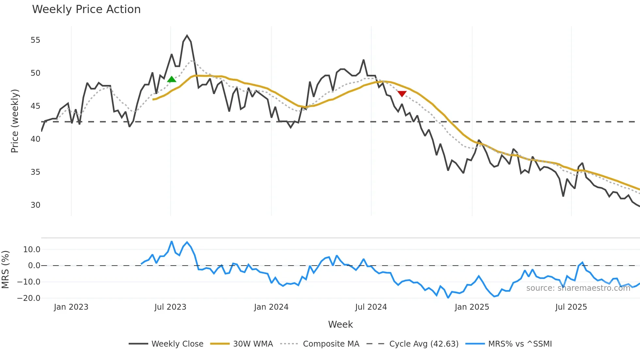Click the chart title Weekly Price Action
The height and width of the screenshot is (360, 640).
pos(86,9)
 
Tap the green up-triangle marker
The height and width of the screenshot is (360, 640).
pos(171,79)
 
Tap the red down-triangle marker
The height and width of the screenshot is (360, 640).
pos(402,94)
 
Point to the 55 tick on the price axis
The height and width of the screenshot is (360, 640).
pos(35,40)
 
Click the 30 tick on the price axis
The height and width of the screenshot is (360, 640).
pos(35,205)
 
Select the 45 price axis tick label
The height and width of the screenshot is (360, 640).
pos(35,106)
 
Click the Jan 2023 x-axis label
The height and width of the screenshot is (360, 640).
pos(71,307)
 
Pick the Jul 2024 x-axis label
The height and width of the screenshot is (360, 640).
pos(371,307)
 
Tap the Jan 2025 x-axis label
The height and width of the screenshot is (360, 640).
pos(472,307)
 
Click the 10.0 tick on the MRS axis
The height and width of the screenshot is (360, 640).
pos(32,250)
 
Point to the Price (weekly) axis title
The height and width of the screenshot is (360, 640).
pos(15,121)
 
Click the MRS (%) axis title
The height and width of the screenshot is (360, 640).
pos(5,270)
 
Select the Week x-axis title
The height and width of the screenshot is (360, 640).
pos(340,324)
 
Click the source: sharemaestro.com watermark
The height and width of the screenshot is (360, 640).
pos(578,288)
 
